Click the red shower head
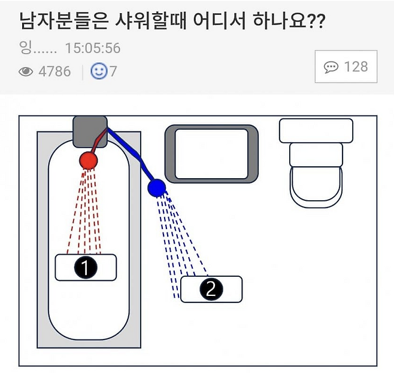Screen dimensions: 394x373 (x=88, y=160)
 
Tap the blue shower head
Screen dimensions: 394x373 (x=157, y=188)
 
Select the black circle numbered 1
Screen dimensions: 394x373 (x=86, y=267)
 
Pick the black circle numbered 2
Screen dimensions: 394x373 (x=211, y=289)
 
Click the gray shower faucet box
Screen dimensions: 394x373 (x=90, y=132)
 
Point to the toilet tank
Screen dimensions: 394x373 (x=316, y=131)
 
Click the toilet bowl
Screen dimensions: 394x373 (x=316, y=187)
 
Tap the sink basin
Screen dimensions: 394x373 (x=211, y=154)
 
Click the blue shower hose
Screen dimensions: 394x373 (x=131, y=153)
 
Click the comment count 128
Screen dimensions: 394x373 (x=356, y=67)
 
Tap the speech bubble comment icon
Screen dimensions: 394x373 (x=331, y=67)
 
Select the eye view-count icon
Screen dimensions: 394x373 (x=26, y=72)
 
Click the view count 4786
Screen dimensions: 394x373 (x=54, y=72)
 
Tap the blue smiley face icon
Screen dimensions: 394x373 (x=99, y=71)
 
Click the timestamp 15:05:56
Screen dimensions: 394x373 (x=93, y=48)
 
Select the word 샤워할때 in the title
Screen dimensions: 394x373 (x=150, y=20)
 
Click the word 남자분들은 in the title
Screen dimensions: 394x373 (x=64, y=20)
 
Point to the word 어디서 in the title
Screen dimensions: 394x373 (x=219, y=20)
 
